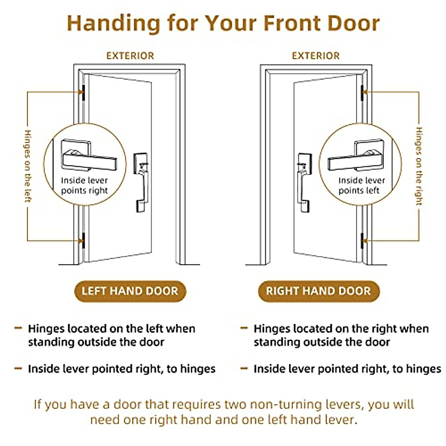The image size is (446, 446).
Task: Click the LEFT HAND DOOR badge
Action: pyautogui.click(x=130, y=291)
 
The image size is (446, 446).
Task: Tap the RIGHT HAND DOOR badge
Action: pyautogui.click(x=319, y=291)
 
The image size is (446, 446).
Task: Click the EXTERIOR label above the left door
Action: pyautogui.click(x=130, y=56)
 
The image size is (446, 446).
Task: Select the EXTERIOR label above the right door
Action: pyautogui.click(x=316, y=56)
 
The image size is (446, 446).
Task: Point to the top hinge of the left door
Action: pyautogui.click(x=83, y=93)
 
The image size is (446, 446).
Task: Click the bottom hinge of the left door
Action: pyautogui.click(x=83, y=240)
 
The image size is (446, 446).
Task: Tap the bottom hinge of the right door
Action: pyautogui.click(x=362, y=241)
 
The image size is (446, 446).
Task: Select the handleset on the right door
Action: pyautogui.click(x=304, y=182)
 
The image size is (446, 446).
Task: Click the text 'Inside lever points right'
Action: pyautogui.click(x=84, y=185)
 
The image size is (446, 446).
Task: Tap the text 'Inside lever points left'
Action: pyautogui.click(x=361, y=185)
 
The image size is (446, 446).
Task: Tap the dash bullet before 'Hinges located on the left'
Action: pyautogui.click(x=18, y=328)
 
